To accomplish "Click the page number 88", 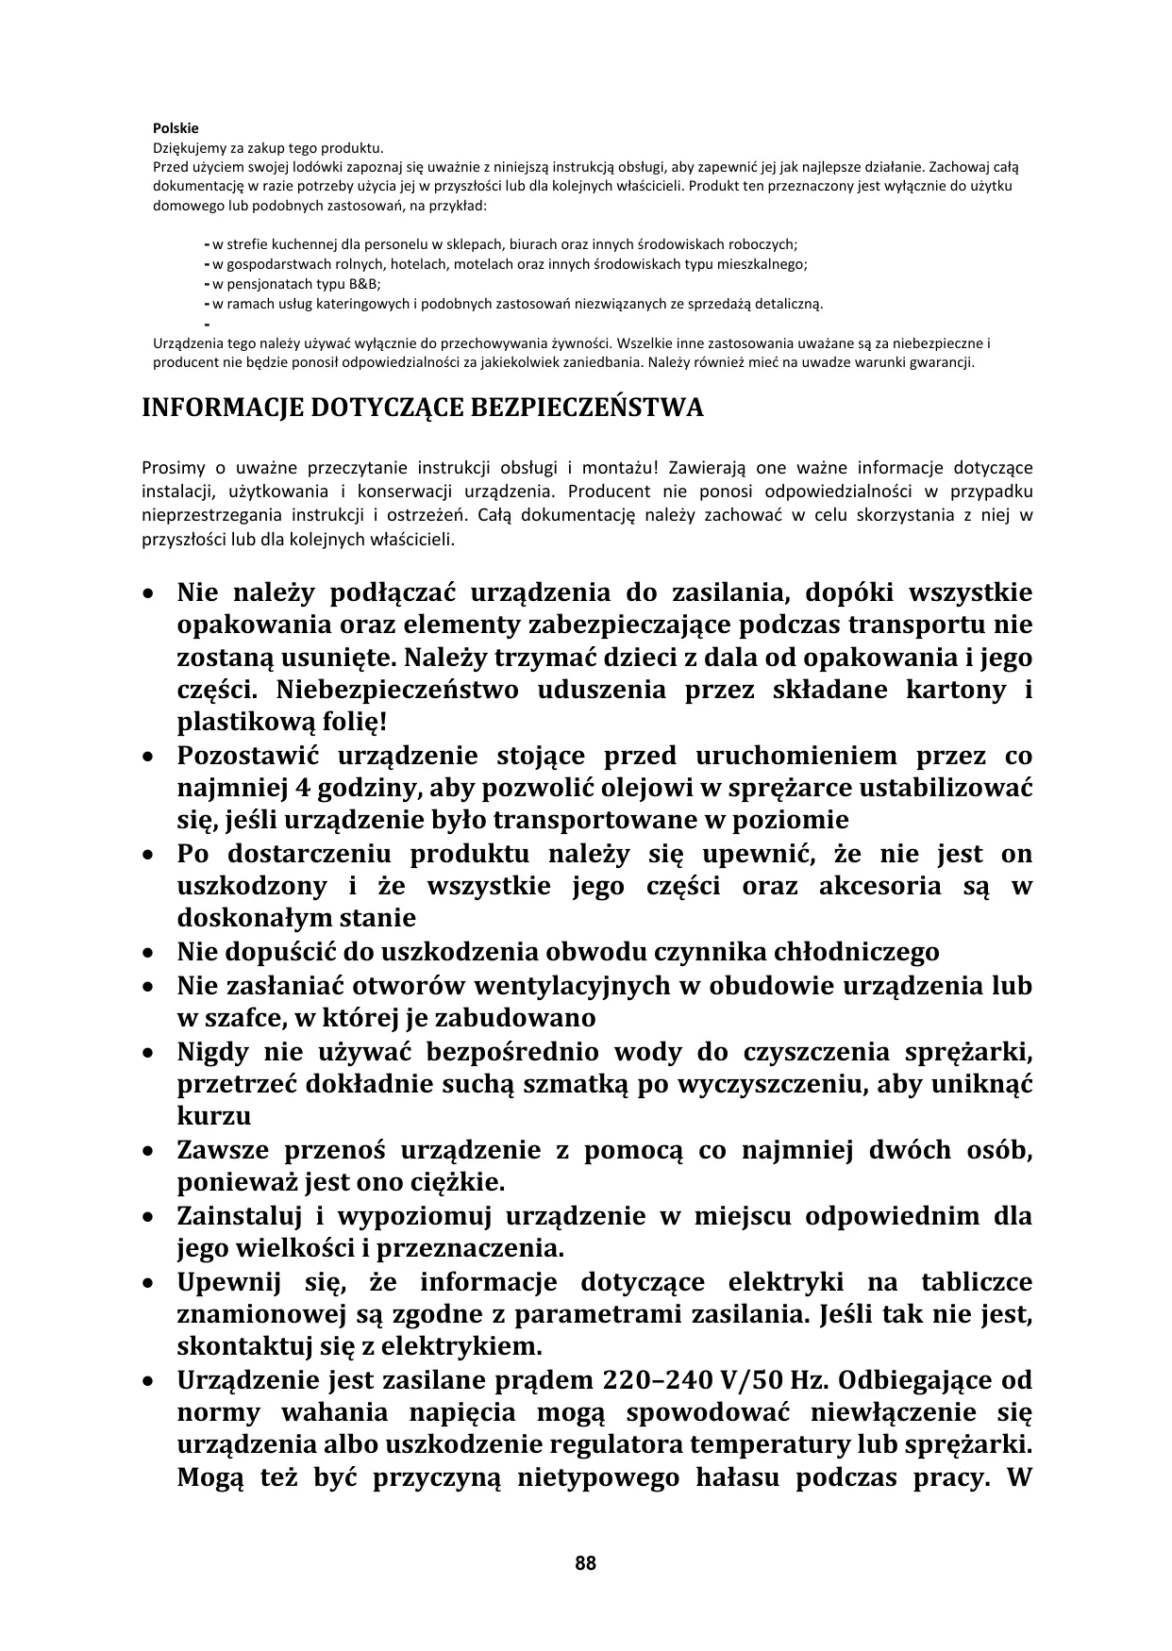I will pos(585,1563).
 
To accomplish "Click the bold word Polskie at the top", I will pos(176,128).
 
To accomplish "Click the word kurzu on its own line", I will pos(213,1116).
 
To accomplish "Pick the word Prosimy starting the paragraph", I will pos(168,468).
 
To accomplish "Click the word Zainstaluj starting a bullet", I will pos(234,1216).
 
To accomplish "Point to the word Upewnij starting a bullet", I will pos(225,1282).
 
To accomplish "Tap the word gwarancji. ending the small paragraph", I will pos(944,362).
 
